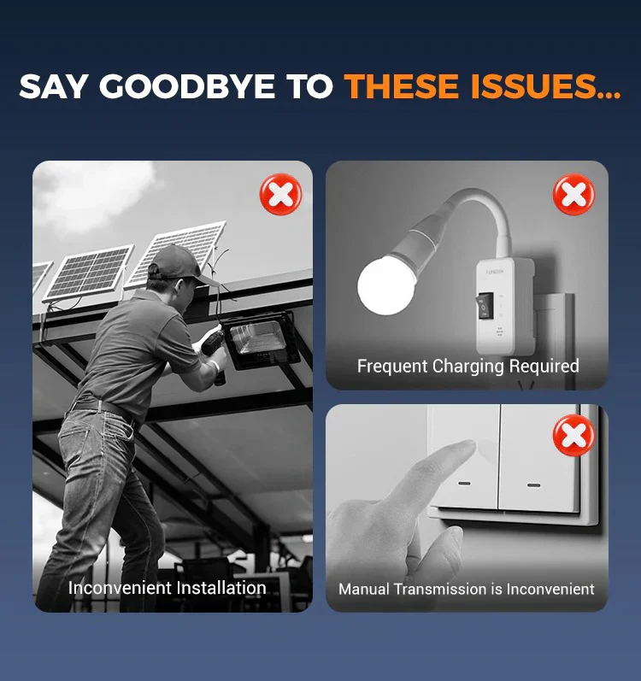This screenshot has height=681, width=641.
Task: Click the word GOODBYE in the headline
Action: pyautogui.click(x=187, y=86)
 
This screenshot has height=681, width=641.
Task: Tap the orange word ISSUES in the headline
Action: pyautogui.click(x=533, y=86)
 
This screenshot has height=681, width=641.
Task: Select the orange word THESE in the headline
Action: pyautogui.click(x=402, y=86)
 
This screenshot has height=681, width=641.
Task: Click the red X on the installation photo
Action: pyautogui.click(x=280, y=194)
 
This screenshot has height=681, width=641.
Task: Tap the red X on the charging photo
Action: pyautogui.click(x=574, y=194)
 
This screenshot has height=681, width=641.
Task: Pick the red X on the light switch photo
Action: pyautogui.click(x=574, y=435)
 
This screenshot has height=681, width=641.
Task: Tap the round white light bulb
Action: pyautogui.click(x=386, y=285)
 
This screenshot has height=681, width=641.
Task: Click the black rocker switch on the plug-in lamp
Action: pyautogui.click(x=485, y=306)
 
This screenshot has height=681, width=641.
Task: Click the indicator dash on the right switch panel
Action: pyautogui.click(x=533, y=485)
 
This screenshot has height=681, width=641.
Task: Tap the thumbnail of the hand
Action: pyautogui.click(x=454, y=537)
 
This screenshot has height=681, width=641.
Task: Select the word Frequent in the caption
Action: pyautogui.click(x=392, y=366)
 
